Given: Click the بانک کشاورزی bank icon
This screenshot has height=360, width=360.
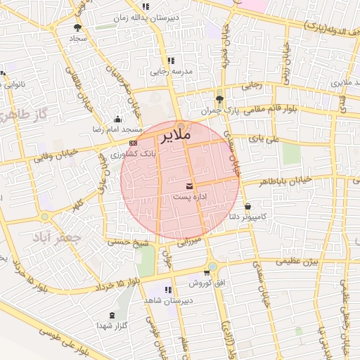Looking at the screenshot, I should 134,143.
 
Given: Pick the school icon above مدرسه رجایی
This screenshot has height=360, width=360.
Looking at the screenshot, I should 170,60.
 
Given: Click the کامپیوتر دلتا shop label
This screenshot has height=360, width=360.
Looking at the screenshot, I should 248,217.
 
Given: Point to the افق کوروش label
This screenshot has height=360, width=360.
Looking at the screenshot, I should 205,282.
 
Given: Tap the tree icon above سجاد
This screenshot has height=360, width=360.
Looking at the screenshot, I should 77,27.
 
